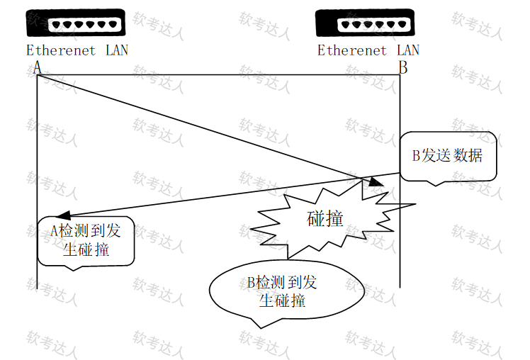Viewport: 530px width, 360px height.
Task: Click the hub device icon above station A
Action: [76, 23]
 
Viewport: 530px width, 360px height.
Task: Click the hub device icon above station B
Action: [365, 23]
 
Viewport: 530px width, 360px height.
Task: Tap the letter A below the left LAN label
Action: [37, 67]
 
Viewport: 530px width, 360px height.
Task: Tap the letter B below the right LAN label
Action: [403, 67]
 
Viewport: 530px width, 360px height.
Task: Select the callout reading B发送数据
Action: [449, 157]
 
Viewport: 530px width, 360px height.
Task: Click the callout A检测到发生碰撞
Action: [86, 242]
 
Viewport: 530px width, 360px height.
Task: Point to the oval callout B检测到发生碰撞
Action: [287, 291]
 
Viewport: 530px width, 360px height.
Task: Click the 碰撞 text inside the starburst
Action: [325, 218]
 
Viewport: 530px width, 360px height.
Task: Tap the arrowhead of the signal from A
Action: [376, 182]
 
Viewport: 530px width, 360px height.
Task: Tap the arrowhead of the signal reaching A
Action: [64, 215]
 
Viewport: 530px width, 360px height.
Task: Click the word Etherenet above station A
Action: [61, 51]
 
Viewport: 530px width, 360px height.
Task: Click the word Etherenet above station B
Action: [352, 51]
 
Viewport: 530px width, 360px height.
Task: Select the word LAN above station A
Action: [117, 50]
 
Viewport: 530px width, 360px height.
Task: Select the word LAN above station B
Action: [408, 50]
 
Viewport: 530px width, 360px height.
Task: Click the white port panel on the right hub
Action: [373, 25]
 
